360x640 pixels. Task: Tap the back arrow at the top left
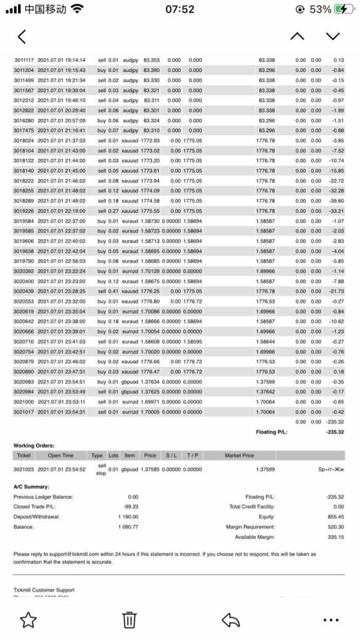pos(22,37)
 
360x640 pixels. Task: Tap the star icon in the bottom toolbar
pos(28,620)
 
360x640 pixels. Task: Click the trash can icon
pos(129,620)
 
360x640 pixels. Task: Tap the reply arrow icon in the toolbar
pos(231,620)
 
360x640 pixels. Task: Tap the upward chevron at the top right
pos(297,37)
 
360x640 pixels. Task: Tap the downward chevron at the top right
pos(333,37)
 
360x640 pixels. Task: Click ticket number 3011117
pos(24,60)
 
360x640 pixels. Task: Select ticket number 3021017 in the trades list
pos(24,412)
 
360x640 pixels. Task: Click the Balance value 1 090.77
pos(128,527)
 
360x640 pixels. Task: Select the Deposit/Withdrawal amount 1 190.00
pos(128,516)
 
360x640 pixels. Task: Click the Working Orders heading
pos(34,446)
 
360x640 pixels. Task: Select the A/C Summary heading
pos(32,486)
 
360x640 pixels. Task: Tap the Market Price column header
pos(239,455)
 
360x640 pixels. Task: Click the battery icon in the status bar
pos(344,9)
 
